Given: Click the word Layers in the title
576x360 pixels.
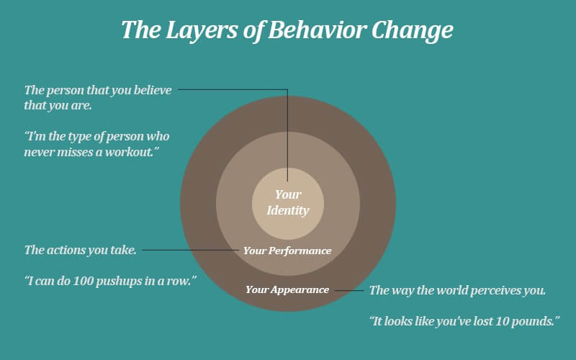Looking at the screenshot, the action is coord(201,30).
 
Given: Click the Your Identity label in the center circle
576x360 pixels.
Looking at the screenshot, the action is coord(288,202).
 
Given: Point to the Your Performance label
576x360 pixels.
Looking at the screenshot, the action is coord(287,251).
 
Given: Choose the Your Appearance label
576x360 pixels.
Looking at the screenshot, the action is coord(287,290).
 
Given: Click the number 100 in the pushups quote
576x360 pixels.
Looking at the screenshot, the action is coord(84,281).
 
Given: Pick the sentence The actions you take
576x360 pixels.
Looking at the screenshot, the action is coord(81,250).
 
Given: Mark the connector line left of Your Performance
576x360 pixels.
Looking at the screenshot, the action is coord(190,250).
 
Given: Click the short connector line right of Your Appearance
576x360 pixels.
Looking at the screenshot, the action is coord(348,290).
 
